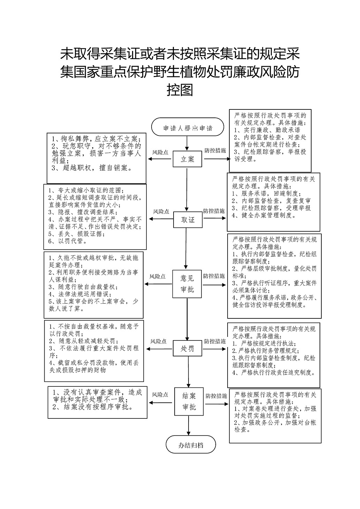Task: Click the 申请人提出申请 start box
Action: coord(187,127)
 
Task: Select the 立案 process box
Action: coord(187,159)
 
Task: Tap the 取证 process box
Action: coord(188,219)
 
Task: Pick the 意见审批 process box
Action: coord(187,284)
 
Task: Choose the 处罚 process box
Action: coord(187,348)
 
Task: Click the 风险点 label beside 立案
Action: coord(160,153)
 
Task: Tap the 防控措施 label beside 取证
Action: coord(214,211)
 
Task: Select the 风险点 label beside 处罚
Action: coord(159,341)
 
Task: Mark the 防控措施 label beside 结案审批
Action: coord(216,396)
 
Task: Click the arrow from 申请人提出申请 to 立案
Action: coord(187,143)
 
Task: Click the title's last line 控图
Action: coord(180,90)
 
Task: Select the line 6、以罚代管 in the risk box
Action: coord(68,241)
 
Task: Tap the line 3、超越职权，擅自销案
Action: coord(92,168)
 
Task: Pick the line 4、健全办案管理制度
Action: coord(264,215)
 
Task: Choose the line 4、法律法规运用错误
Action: coord(80,294)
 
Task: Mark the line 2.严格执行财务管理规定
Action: coord(266,350)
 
